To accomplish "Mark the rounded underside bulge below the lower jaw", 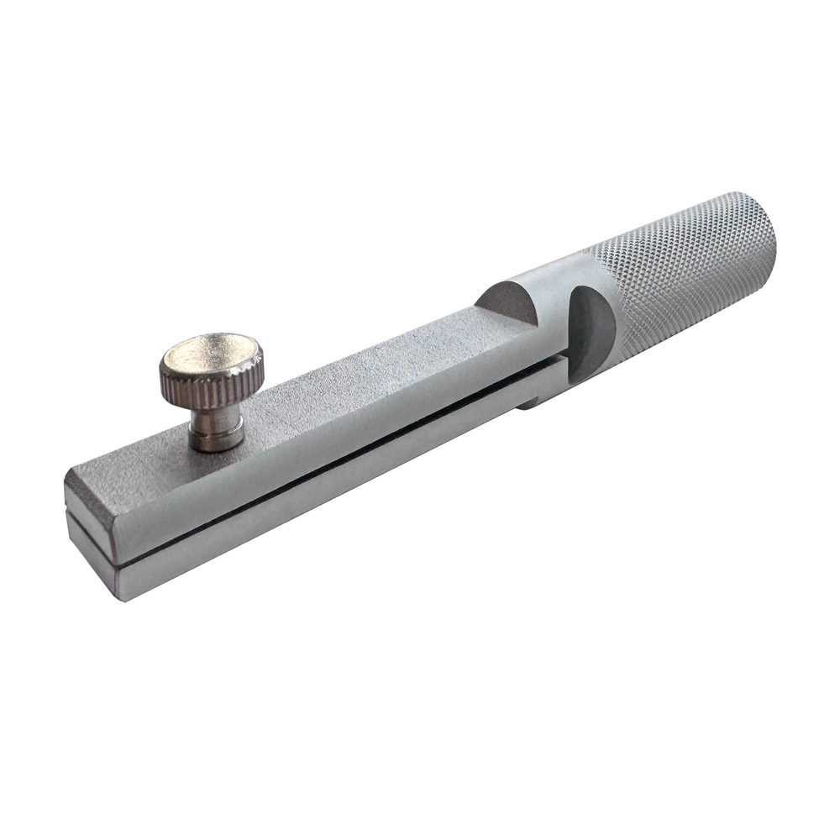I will pyautogui.click(x=538, y=395).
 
